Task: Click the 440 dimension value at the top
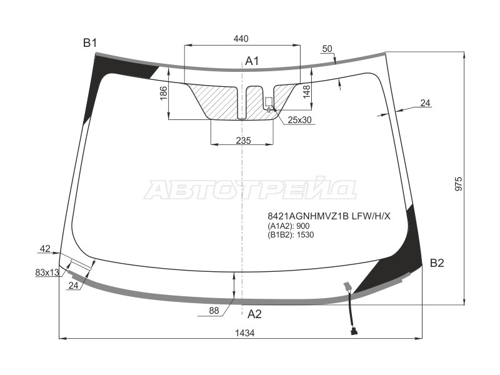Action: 241,39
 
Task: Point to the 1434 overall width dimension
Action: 245,333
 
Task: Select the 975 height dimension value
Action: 458,184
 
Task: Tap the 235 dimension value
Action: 244,140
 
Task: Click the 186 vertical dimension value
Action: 164,93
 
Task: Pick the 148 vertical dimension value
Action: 306,91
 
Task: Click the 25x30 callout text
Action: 299,120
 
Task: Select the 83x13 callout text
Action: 47,272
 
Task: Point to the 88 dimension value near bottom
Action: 214,310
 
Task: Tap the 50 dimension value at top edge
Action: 327,49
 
